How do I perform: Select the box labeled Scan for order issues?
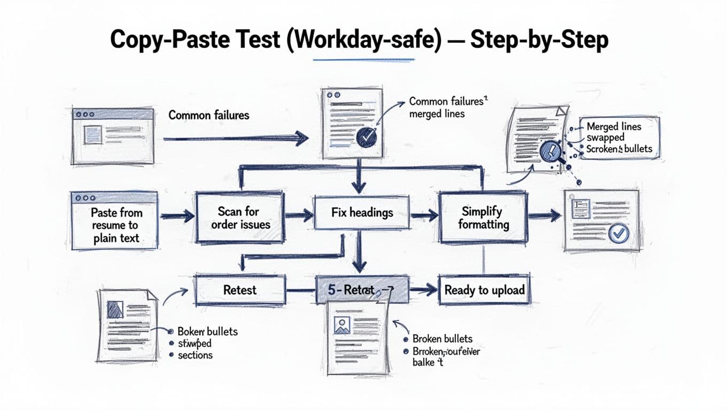point(241,218)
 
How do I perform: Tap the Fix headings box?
point(361,213)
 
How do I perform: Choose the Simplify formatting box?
point(483,218)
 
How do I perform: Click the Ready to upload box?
point(484,290)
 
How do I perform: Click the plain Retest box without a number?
point(239,290)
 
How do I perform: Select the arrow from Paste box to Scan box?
point(177,216)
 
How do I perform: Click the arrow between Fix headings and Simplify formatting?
point(424,216)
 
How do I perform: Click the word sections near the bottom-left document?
point(195,355)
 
